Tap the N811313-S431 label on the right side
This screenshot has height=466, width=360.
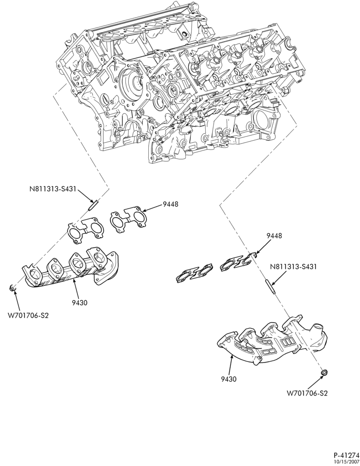point(293,267)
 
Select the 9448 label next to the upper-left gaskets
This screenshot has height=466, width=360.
point(170,204)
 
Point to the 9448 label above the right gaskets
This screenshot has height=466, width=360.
point(274,236)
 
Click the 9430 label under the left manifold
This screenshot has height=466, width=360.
point(79,303)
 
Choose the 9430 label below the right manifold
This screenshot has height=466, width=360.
point(228,379)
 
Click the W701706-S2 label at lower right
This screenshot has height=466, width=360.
point(307,393)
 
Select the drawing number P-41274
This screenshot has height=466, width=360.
point(346,455)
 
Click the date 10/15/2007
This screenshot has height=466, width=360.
point(347,461)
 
